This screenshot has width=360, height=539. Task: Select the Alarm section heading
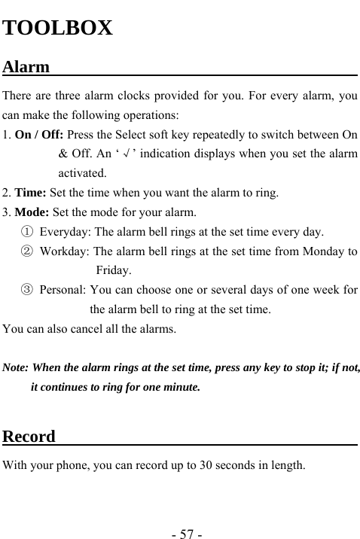tap(26, 67)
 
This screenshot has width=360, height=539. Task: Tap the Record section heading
tap(29, 437)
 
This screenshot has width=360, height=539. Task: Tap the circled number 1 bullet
tap(27, 231)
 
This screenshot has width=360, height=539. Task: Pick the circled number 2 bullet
tap(27, 251)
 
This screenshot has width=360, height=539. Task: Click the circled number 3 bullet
tap(27, 290)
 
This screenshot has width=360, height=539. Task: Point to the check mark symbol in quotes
tap(130, 154)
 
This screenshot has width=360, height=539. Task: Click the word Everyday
tap(65, 231)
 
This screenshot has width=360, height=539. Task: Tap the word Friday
tap(114, 270)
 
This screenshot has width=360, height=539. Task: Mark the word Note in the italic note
tap(15, 369)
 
